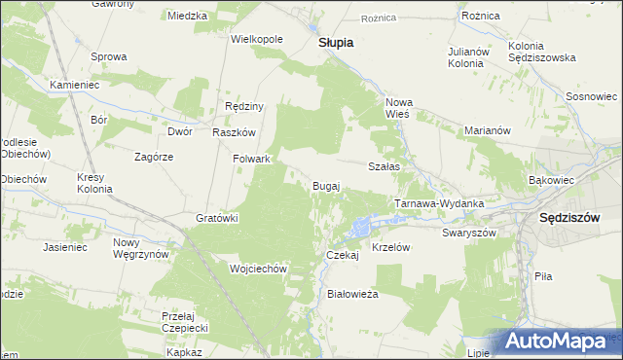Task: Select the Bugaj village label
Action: [326, 186]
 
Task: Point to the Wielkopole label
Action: [256, 39]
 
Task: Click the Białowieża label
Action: [352, 292]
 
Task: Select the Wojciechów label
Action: [256, 269]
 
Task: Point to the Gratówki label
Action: [217, 218]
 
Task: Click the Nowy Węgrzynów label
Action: [140, 248]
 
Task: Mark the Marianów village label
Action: [488, 130]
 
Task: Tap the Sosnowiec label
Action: [592, 97]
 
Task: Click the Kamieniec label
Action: [76, 85]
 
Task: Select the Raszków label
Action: [234, 132]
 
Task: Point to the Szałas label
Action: [385, 166]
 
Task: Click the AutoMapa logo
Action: [557, 342]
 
